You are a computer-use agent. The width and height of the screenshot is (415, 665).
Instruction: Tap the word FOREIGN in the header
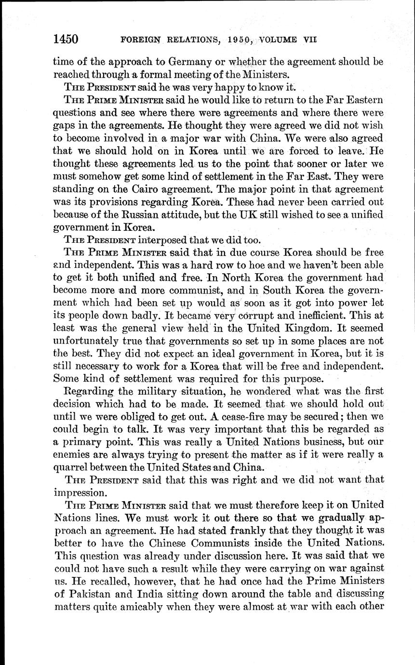coord(140,40)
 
